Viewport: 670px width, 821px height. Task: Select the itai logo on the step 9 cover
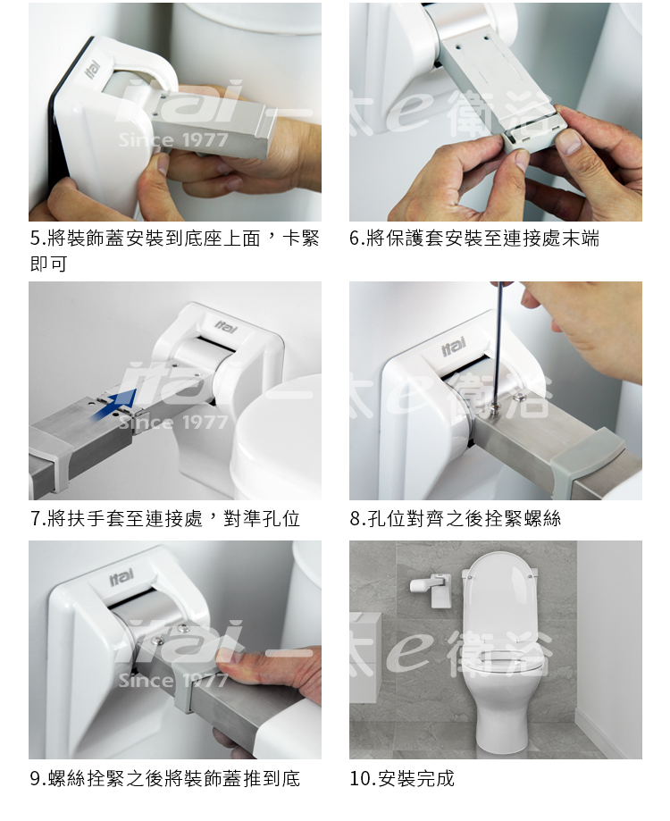(x=121, y=576)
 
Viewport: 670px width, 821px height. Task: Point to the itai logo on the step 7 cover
(x=225, y=328)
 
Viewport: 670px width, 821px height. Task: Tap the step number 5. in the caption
(x=38, y=239)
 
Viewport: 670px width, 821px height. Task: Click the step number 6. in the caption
(x=357, y=239)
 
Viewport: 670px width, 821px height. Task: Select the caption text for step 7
(x=165, y=519)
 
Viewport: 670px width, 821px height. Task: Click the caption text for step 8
(x=456, y=519)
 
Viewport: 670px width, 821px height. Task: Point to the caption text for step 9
(x=165, y=779)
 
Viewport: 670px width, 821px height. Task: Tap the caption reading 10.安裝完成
(x=402, y=779)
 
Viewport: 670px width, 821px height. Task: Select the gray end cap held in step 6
(x=529, y=137)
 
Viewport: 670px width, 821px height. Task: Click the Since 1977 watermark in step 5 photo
(x=173, y=140)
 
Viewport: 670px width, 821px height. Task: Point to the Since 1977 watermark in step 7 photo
(x=173, y=422)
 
